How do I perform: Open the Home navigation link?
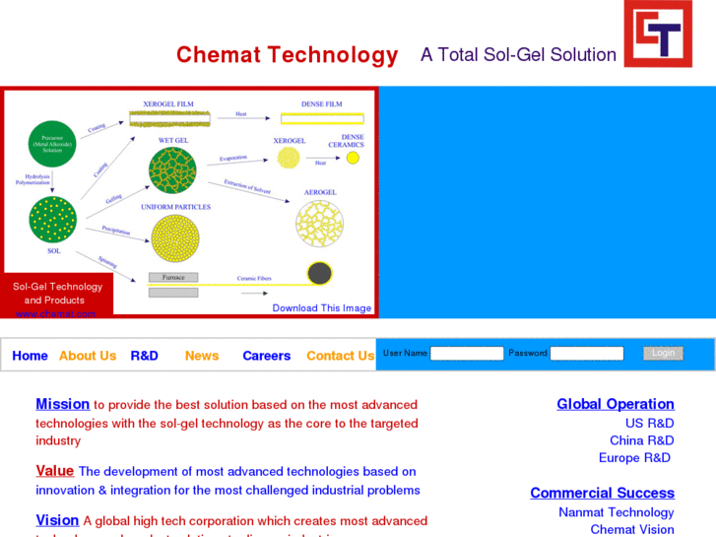pyautogui.click(x=30, y=356)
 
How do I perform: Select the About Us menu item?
pyautogui.click(x=88, y=356)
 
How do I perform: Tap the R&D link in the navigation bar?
pyautogui.click(x=144, y=356)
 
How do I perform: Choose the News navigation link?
pyautogui.click(x=202, y=356)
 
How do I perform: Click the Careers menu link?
pyautogui.click(x=266, y=356)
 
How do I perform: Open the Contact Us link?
pyautogui.click(x=340, y=356)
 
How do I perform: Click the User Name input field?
pyautogui.click(x=467, y=354)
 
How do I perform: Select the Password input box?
pyautogui.click(x=587, y=354)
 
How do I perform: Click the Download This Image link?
pyautogui.click(x=322, y=308)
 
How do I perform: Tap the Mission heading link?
pyautogui.click(x=62, y=404)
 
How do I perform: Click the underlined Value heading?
pyautogui.click(x=54, y=471)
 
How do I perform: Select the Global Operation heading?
pyautogui.click(x=616, y=404)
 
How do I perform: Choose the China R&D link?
pyautogui.click(x=641, y=440)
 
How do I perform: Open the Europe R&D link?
pyautogui.click(x=634, y=457)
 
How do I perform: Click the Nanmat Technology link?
pyautogui.click(x=616, y=512)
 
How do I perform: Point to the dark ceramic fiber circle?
pyautogui.click(x=319, y=273)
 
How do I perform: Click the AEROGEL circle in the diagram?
pyautogui.click(x=319, y=224)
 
